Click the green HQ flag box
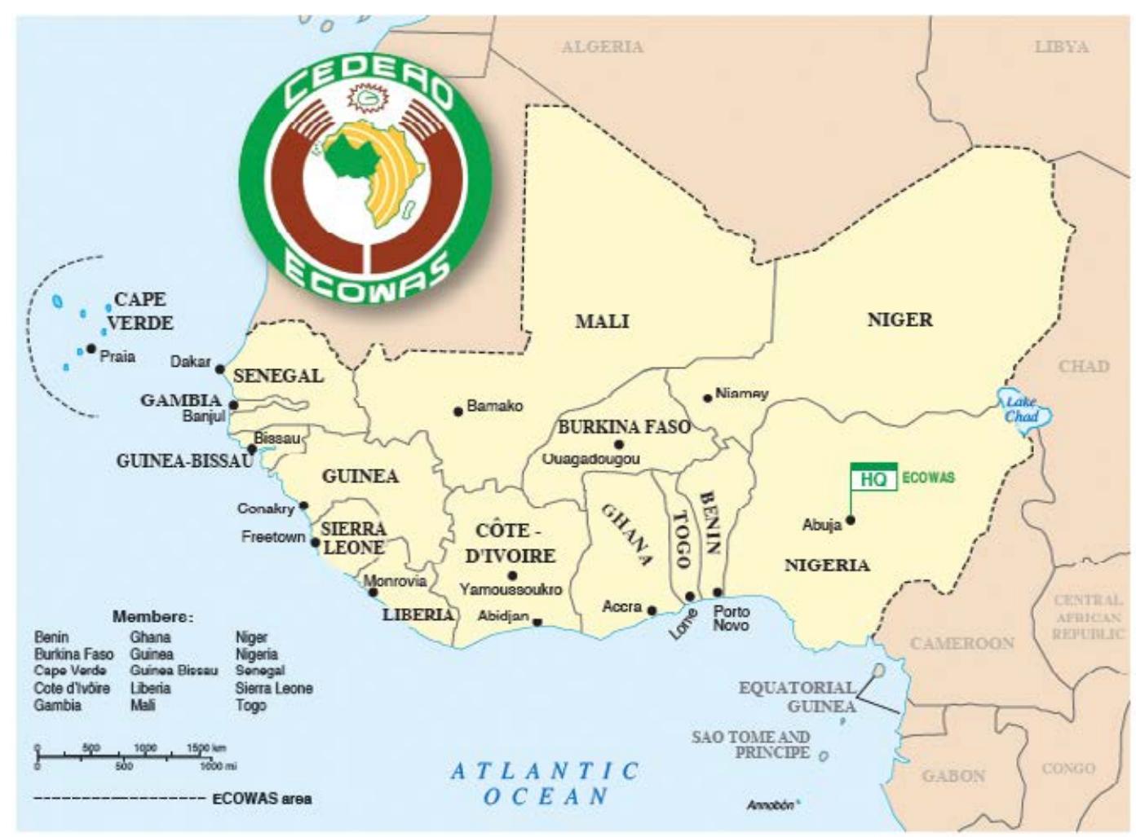[873, 478]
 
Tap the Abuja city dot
[851, 519]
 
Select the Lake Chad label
[1021, 409]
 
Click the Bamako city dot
[458, 412]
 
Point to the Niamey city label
[741, 394]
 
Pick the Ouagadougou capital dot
[619, 445]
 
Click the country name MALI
[602, 321]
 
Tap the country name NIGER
[900, 319]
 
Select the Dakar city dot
[220, 369]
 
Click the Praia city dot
[91, 349]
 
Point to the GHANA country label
[627, 535]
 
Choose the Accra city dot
[652, 610]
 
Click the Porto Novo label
[731, 618]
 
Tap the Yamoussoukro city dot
[512, 575]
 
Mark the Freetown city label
[272, 537]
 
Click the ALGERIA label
[602, 47]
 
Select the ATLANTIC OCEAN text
[546, 782]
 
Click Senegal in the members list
[259, 671]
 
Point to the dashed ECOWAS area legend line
[118, 799]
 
